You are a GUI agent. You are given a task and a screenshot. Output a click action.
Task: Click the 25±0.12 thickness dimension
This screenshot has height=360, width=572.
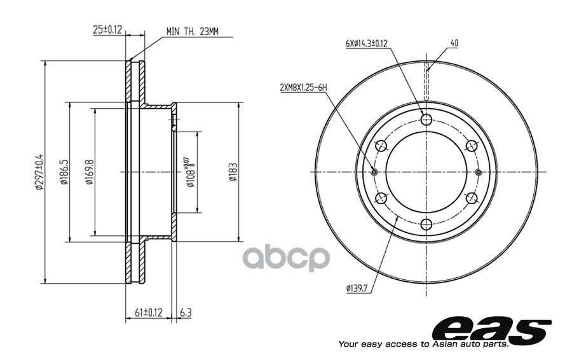[x=107, y=29]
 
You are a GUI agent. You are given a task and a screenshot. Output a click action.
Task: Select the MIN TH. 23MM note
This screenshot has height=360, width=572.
[x=192, y=32]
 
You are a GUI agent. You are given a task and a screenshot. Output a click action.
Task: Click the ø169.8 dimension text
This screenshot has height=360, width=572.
[x=90, y=172]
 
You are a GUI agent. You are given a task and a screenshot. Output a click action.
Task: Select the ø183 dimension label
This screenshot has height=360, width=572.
[x=233, y=172]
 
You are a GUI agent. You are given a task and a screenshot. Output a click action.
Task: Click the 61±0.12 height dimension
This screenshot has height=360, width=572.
[x=148, y=312]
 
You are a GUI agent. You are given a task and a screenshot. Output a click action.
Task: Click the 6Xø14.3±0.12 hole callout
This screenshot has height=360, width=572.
[x=366, y=43]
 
